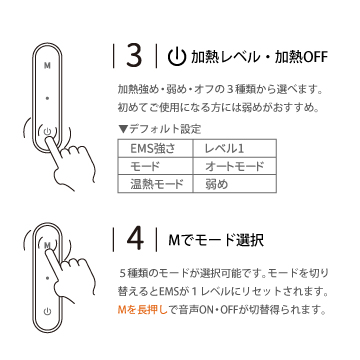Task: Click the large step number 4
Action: coord(135,239)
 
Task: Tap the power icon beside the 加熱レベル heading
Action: coord(176,57)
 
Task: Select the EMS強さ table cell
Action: coord(155,148)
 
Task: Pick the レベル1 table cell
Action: coord(235,148)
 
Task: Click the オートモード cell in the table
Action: coord(235,166)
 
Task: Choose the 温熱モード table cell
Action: coord(155,184)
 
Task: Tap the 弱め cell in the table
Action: coord(235,184)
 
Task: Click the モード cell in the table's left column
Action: coord(155,166)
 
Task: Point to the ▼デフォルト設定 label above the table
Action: coord(160,129)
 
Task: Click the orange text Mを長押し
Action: coord(142,311)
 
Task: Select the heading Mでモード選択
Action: coord(216,240)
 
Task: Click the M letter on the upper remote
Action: coord(47,66)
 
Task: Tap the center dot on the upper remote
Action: coord(47,98)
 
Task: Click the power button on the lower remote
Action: coord(47,312)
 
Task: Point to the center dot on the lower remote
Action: coord(47,277)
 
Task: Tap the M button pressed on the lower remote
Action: coord(47,245)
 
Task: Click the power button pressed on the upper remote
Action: coord(47,131)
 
